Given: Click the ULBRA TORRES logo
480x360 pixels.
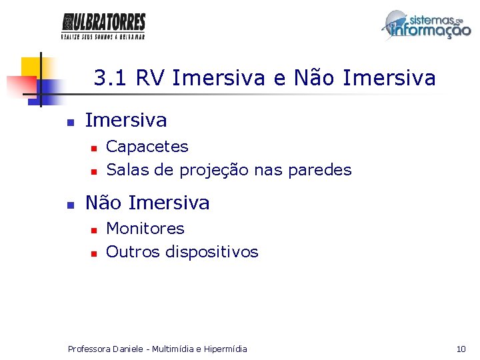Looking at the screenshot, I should pyautogui.click(x=103, y=27).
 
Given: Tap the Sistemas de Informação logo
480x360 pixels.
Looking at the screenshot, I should pyautogui.click(x=426, y=27).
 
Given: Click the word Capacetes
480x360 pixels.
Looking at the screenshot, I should pyautogui.click(x=147, y=147).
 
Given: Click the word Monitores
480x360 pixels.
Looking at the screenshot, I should pyautogui.click(x=145, y=229).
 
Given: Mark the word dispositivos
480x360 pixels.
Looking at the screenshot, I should pyautogui.click(x=212, y=252).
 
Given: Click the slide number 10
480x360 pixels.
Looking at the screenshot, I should pyautogui.click(x=461, y=349).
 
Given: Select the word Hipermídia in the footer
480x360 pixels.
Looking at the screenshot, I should pyautogui.click(x=223, y=349).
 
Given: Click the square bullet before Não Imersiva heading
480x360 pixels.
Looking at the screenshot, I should pyautogui.click(x=69, y=205).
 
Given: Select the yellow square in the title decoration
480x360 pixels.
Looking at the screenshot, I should pyautogui.click(x=31, y=67).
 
